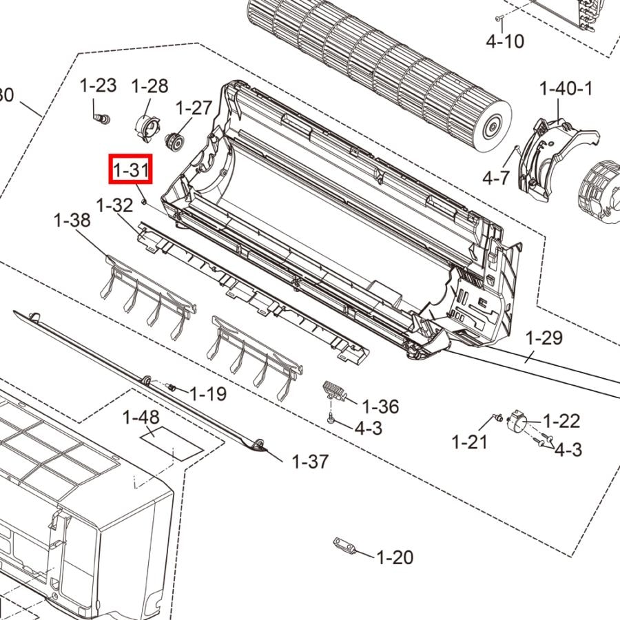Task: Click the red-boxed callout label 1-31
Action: tap(130, 169)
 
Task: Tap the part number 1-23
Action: tap(98, 85)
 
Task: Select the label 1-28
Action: tap(149, 86)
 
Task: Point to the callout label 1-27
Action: tap(194, 107)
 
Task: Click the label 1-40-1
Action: tap(566, 88)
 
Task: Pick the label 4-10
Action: tap(505, 41)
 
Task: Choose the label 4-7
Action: tap(496, 178)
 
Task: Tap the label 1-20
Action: tap(395, 557)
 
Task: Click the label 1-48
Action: tap(141, 417)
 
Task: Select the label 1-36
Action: tap(380, 406)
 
